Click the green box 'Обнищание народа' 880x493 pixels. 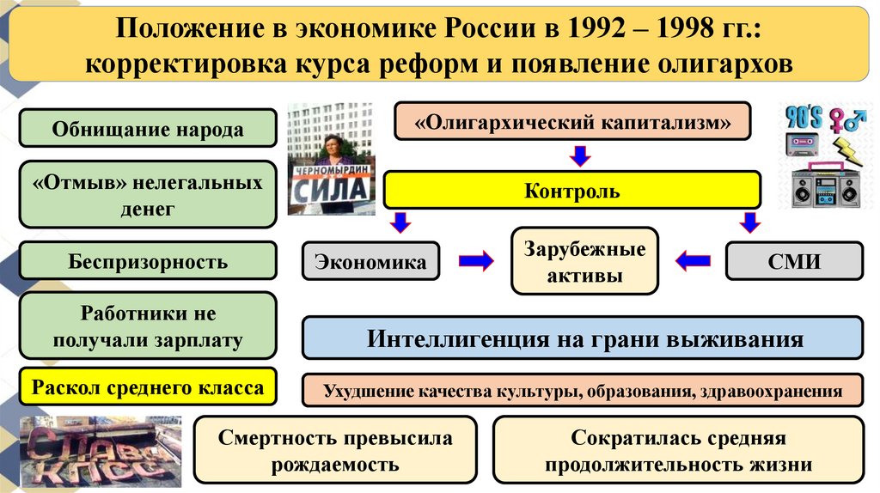pyautogui.click(x=148, y=129)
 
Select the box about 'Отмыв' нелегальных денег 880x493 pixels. pyautogui.click(x=148, y=195)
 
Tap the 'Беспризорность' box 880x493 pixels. pyautogui.click(x=148, y=262)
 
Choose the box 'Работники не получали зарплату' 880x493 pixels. pyautogui.click(x=148, y=326)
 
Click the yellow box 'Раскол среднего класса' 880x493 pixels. pyautogui.click(x=148, y=387)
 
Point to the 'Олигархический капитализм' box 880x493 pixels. pyautogui.click(x=572, y=121)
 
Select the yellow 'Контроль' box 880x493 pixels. pyautogui.click(x=571, y=190)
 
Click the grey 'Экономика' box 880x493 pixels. pyautogui.click(x=370, y=262)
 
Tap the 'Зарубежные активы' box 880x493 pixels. pyautogui.click(x=584, y=262)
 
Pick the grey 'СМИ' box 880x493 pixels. pyautogui.click(x=794, y=262)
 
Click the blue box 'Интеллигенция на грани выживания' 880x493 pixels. pyautogui.click(x=583, y=338)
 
